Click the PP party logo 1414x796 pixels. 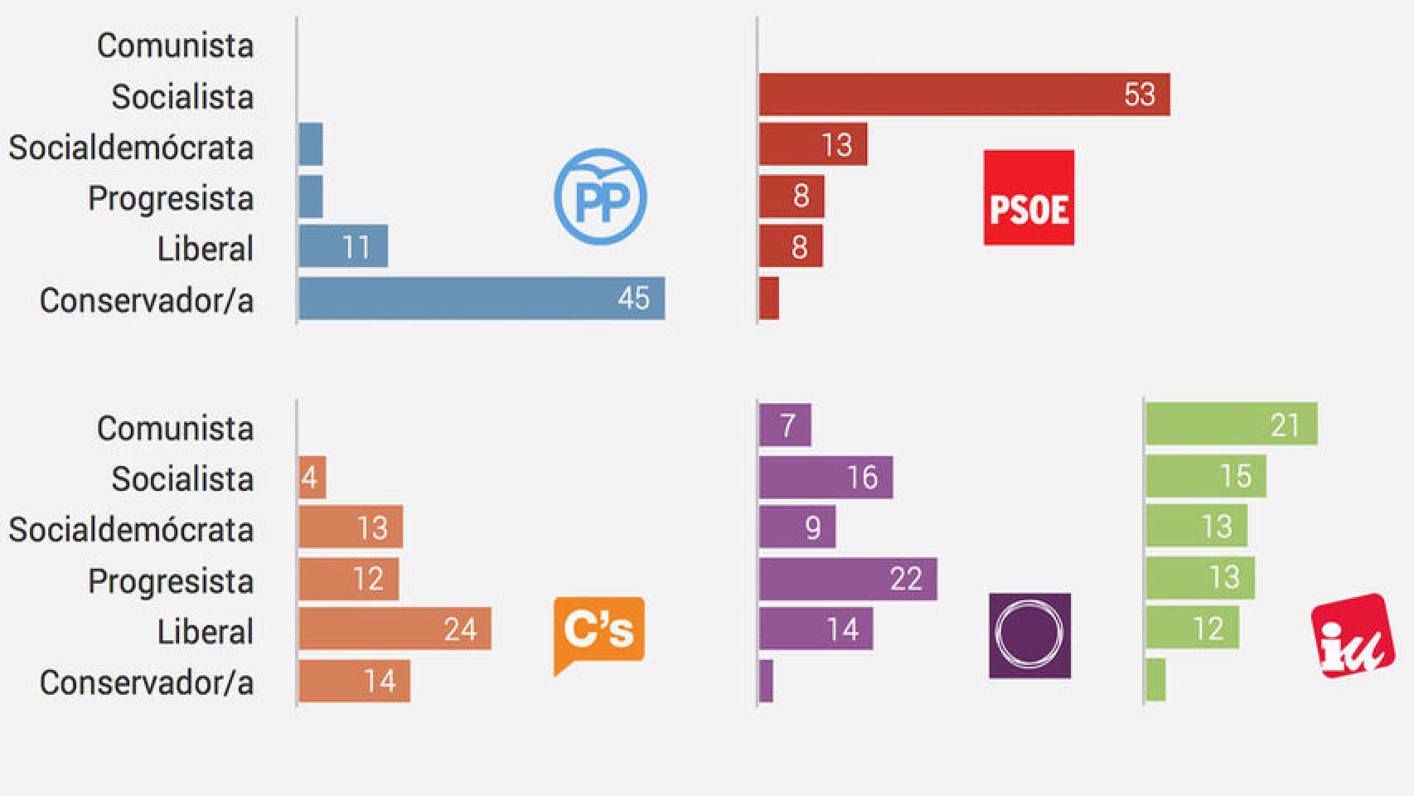pyautogui.click(x=600, y=197)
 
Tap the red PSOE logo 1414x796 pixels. pyautogui.click(x=1029, y=197)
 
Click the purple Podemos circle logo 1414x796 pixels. pyautogui.click(x=1029, y=635)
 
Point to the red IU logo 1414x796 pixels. pyautogui.click(x=1352, y=637)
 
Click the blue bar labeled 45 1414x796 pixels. pyautogui.click(x=482, y=298)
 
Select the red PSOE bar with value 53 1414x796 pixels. pyautogui.click(x=964, y=95)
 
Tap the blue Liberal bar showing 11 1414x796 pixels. pyautogui.click(x=343, y=246)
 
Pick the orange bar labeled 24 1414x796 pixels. pyautogui.click(x=395, y=629)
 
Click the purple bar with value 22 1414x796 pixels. pyautogui.click(x=848, y=579)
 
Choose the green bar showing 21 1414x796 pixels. pyautogui.click(x=1231, y=425)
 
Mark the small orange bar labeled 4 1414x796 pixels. pyautogui.click(x=312, y=478)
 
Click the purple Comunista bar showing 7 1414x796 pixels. pyautogui.click(x=785, y=425)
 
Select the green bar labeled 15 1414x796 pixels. pyautogui.click(x=1206, y=476)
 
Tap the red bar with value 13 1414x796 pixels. pyautogui.click(x=813, y=144)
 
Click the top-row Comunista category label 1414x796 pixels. pyautogui.click(x=175, y=46)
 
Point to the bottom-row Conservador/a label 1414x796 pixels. pyautogui.click(x=147, y=682)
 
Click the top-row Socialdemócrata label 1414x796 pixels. pyautogui.click(x=131, y=148)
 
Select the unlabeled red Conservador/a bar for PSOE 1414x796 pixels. pyautogui.click(x=769, y=298)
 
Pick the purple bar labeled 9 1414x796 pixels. pyautogui.click(x=797, y=527)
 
